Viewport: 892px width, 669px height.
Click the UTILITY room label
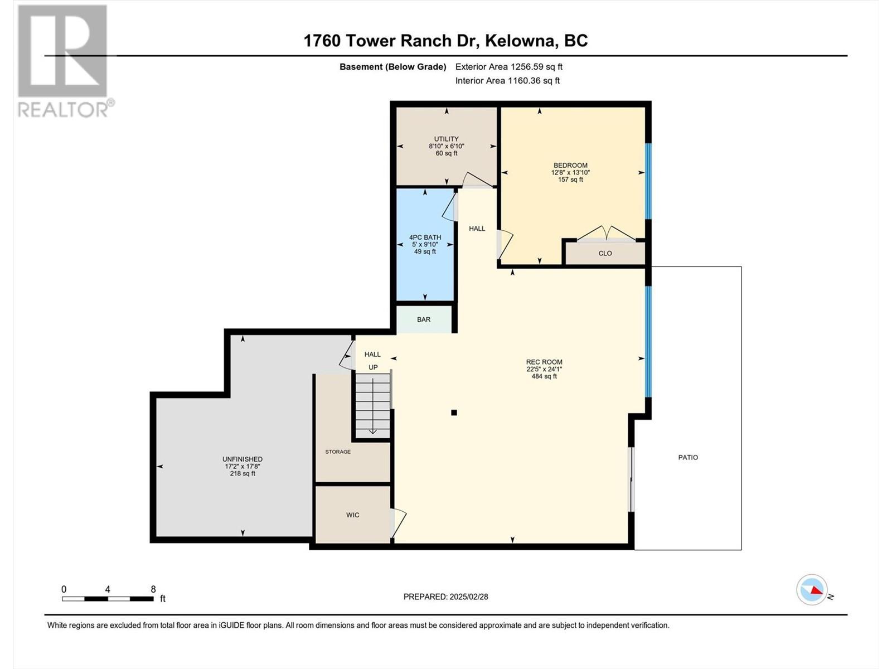[x=446, y=139]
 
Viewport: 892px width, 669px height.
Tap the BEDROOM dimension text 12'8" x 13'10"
[x=570, y=172]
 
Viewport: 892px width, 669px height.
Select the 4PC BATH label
[x=425, y=237]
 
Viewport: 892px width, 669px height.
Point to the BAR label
[x=424, y=319]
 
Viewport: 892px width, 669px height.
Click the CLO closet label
[x=605, y=254]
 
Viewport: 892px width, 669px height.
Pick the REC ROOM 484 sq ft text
[x=544, y=376]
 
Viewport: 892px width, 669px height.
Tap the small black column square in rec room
[x=454, y=413]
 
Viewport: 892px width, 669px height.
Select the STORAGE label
[x=338, y=452]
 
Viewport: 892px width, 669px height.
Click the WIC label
[x=352, y=515]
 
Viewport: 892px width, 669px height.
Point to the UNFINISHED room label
[x=242, y=459]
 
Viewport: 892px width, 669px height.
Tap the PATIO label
[x=688, y=457]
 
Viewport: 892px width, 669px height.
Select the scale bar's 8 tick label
[x=153, y=589]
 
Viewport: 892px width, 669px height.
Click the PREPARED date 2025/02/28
[x=468, y=597]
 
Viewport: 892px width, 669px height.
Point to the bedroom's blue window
[x=648, y=181]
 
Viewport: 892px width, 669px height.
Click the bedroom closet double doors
[x=607, y=234]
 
